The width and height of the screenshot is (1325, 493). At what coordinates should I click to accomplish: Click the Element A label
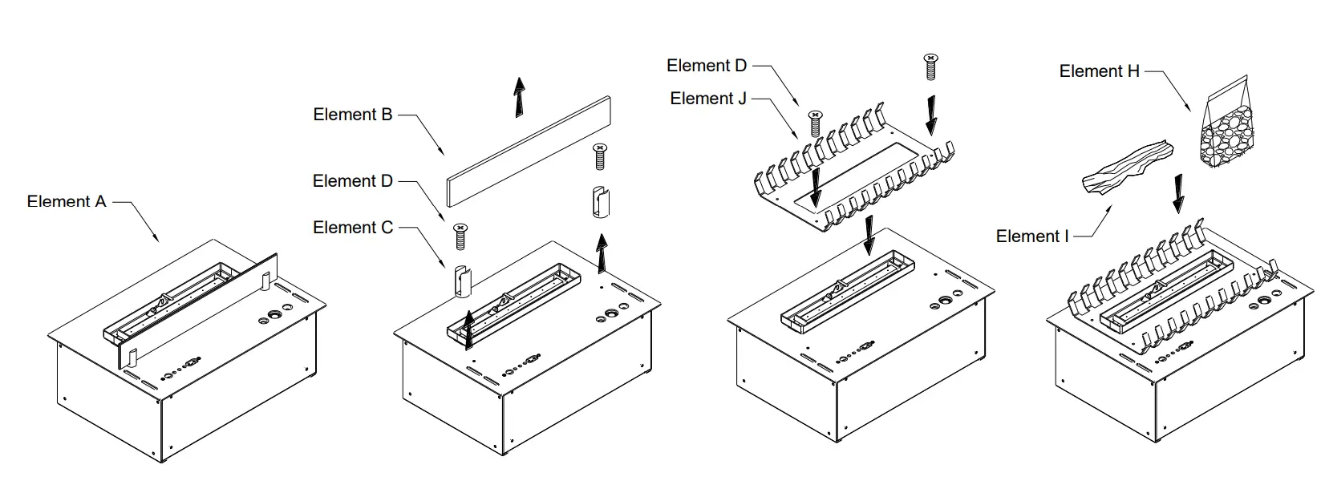tap(67, 201)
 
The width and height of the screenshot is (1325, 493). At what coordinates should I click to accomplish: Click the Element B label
tap(352, 115)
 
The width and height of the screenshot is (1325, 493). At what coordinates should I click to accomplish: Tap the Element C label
tap(353, 228)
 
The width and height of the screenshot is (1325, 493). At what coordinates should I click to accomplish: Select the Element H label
tap(1099, 71)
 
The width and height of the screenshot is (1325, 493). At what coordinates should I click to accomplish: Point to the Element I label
tap(1032, 236)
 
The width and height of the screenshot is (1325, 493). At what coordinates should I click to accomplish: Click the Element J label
tap(708, 99)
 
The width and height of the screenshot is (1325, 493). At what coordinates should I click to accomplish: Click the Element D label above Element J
tap(707, 66)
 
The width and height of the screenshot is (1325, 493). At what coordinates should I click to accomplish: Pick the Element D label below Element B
tap(353, 181)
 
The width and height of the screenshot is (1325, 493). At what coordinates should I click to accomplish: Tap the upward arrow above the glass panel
tap(520, 97)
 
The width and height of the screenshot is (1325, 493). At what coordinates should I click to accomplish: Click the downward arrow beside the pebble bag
tap(1177, 193)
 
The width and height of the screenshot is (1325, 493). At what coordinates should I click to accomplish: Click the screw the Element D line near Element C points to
tap(460, 235)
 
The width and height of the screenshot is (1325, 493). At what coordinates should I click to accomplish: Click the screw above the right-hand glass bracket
tap(598, 156)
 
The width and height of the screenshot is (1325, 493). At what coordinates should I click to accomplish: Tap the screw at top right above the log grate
tap(930, 66)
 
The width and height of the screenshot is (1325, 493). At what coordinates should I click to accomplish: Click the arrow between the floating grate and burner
tap(869, 236)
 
